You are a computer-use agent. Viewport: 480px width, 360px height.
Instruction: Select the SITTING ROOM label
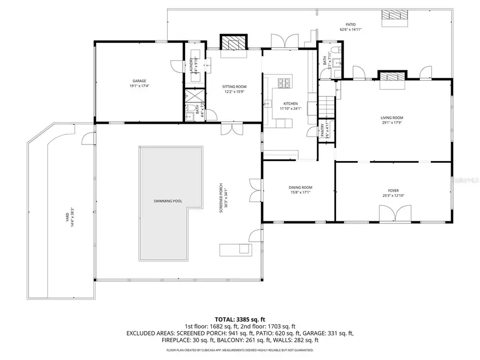tap(234, 86)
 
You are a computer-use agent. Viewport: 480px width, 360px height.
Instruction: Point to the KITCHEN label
tap(291, 103)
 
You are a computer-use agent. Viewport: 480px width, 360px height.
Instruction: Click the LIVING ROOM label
tap(391, 118)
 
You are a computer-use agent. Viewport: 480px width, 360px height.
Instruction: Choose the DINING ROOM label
tap(300, 188)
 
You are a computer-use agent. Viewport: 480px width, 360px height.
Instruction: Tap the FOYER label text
tap(393, 190)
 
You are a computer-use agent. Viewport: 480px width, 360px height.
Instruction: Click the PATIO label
tap(350, 25)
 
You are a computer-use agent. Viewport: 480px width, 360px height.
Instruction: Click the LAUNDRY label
tap(190, 65)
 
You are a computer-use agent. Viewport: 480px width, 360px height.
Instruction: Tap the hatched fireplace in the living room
tap(392, 76)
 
